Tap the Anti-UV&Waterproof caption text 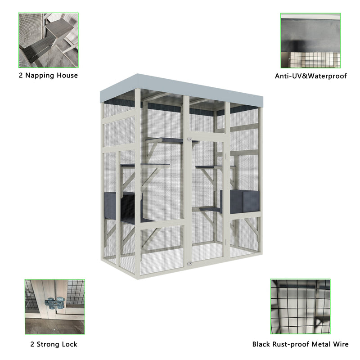coord(311,76)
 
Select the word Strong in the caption coord(49,344)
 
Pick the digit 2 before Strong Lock coord(31,344)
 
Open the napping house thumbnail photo coord(48,40)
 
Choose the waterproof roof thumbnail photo coord(310,40)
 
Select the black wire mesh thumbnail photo coord(300,306)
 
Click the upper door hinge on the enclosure coord(190,139)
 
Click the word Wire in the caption coord(340,344)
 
